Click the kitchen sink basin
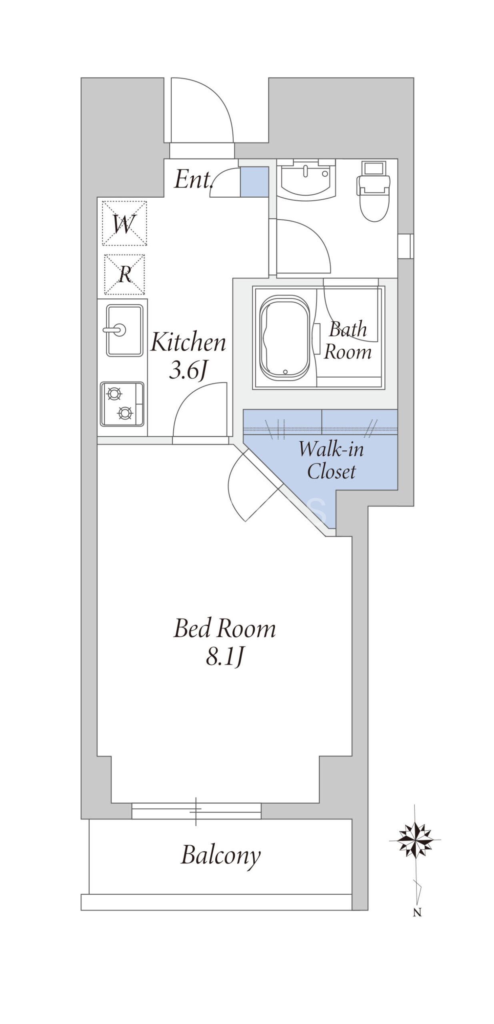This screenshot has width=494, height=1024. tap(124, 330)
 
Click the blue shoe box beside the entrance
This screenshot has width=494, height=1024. tap(254, 182)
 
